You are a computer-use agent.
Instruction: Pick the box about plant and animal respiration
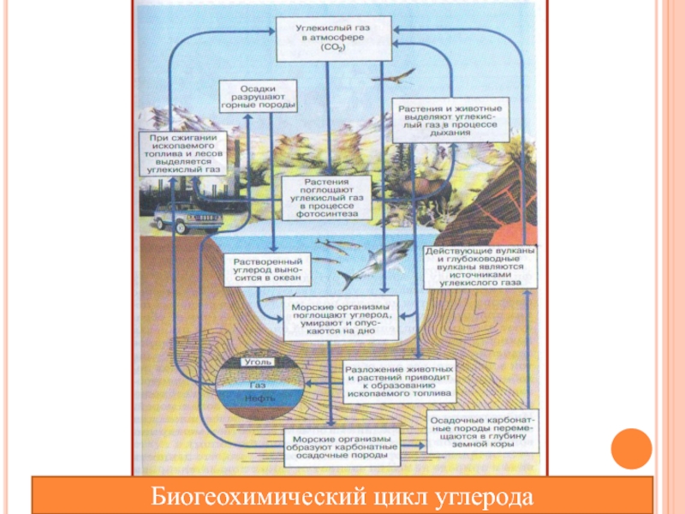pyautogui.click(x=451, y=117)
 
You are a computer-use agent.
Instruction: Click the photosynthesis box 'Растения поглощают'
pyautogui.click(x=326, y=198)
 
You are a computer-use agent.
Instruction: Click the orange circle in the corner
pyautogui.click(x=634, y=449)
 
